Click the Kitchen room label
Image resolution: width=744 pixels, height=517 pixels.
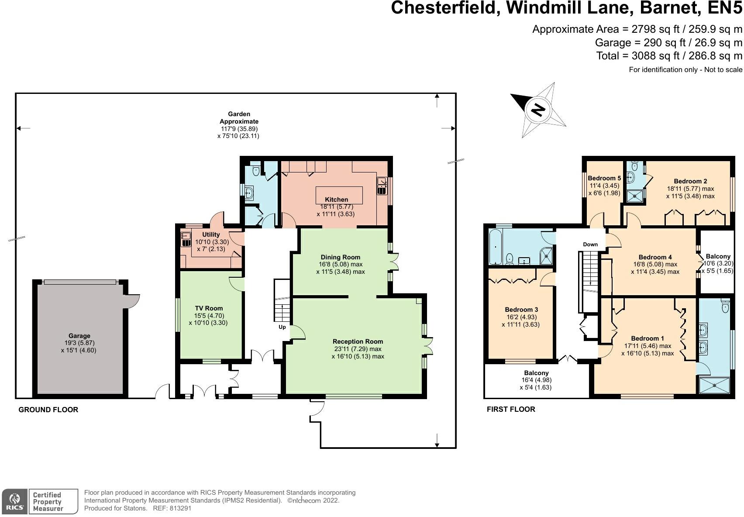(x=336, y=200)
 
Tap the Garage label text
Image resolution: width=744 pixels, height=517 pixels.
(x=79, y=336)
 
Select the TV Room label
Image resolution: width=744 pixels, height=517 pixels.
(x=209, y=308)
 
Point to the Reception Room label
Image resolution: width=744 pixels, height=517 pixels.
(x=358, y=341)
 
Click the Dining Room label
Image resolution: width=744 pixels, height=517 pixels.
(x=340, y=257)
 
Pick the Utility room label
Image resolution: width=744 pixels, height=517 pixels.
(x=211, y=234)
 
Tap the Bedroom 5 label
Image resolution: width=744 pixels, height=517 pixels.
(x=604, y=178)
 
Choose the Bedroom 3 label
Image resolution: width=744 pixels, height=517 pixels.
(x=521, y=309)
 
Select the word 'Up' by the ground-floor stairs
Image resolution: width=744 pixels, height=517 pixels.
(x=282, y=327)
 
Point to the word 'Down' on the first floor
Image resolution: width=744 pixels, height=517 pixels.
(x=590, y=244)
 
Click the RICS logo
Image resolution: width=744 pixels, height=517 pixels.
(x=14, y=501)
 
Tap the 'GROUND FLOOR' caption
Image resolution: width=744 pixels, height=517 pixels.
(x=48, y=409)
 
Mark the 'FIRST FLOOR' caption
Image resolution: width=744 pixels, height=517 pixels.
(x=511, y=409)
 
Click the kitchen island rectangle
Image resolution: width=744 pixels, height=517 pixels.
(x=339, y=195)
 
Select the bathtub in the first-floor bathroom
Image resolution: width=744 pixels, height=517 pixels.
(x=496, y=247)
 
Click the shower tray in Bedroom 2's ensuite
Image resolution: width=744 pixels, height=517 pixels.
(x=635, y=196)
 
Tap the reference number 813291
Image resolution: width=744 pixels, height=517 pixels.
(x=180, y=508)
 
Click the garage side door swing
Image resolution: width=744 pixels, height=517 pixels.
(x=133, y=300)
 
